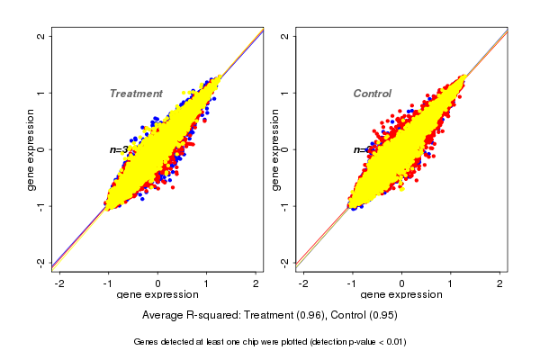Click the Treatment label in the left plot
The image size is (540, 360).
[136, 94]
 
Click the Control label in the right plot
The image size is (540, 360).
[373, 94]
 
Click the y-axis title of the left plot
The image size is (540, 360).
[31, 149]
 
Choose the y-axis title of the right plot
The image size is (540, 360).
[275, 149]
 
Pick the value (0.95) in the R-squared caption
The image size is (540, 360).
[381, 316]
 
